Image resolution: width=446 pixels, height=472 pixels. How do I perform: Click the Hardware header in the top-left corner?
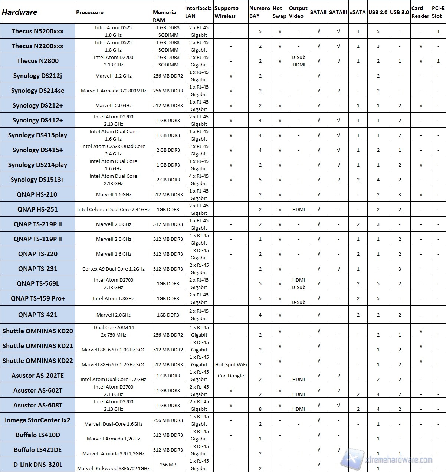[20, 12]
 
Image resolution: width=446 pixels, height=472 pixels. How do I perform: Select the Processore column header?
[90, 12]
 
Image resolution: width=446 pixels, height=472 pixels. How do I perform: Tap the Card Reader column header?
[420, 12]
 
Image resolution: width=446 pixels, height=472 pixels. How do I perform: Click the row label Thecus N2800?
[37, 61]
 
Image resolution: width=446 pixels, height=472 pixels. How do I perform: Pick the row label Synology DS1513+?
[37, 180]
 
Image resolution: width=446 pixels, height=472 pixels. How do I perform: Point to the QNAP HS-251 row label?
[37, 209]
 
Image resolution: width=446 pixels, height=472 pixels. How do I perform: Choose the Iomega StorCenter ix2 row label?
[37, 420]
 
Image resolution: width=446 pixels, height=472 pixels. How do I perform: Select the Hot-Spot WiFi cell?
[231, 364]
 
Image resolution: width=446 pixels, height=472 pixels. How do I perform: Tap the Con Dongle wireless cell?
[231, 376]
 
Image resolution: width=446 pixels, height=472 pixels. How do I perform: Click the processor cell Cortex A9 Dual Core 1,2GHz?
[113, 269]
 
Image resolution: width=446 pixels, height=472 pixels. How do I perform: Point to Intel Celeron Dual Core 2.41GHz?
[113, 209]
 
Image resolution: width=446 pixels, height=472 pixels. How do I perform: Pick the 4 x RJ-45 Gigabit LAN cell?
[199, 180]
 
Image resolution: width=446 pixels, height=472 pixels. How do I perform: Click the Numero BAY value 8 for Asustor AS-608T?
[260, 409]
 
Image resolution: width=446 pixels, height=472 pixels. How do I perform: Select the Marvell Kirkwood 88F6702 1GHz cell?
[113, 468]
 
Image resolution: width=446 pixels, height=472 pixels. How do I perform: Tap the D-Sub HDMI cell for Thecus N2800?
[298, 61]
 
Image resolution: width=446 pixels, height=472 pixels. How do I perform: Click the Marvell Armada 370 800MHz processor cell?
[113, 91]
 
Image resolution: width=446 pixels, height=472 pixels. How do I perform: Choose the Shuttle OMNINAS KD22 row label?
[37, 361]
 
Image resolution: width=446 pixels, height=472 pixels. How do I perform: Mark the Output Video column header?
[298, 12]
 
